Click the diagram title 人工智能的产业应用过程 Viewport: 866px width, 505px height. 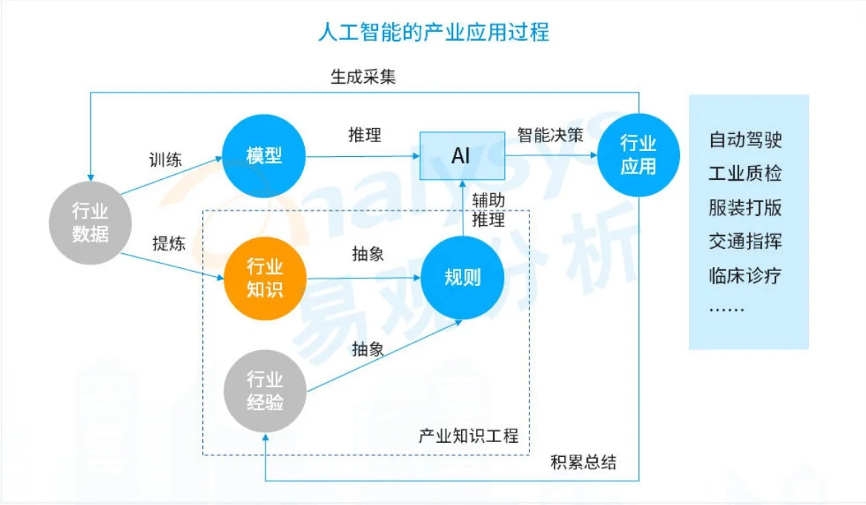click(433, 33)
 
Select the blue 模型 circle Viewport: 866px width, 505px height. click(265, 155)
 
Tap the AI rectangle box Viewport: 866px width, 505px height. click(461, 156)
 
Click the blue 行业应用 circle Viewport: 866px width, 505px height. click(638, 155)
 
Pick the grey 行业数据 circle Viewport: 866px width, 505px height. click(90, 222)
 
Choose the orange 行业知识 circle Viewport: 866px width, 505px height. click(265, 278)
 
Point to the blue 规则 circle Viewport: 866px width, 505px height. click(462, 278)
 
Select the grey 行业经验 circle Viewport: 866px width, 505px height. click(265, 391)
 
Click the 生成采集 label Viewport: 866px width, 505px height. click(363, 76)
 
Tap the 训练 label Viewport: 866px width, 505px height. click(165, 160)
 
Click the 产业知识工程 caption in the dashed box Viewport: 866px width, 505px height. click(469, 435)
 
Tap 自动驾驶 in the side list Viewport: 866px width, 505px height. click(745, 139)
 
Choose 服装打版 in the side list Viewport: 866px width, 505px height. click(745, 207)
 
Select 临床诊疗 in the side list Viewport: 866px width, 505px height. click(745, 276)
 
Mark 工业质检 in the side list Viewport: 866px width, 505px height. click(745, 173)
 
